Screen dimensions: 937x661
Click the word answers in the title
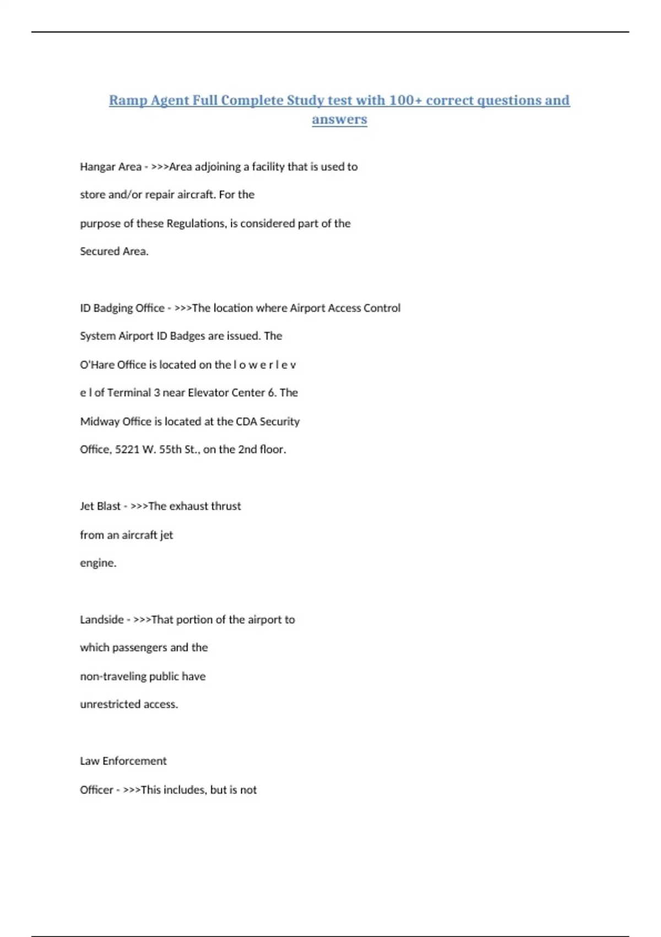pos(339,119)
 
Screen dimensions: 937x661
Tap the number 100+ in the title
pos(405,100)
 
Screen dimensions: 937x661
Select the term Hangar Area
pos(111,166)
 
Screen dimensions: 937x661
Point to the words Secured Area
pos(114,251)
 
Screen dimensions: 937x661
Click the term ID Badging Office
pos(122,308)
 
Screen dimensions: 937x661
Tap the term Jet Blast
pos(100,506)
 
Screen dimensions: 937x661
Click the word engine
pos(97,563)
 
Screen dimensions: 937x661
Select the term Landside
pos(102,620)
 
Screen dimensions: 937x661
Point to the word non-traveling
pos(113,676)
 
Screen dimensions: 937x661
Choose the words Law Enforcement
pos(123,761)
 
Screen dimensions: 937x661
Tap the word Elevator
pos(209,392)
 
